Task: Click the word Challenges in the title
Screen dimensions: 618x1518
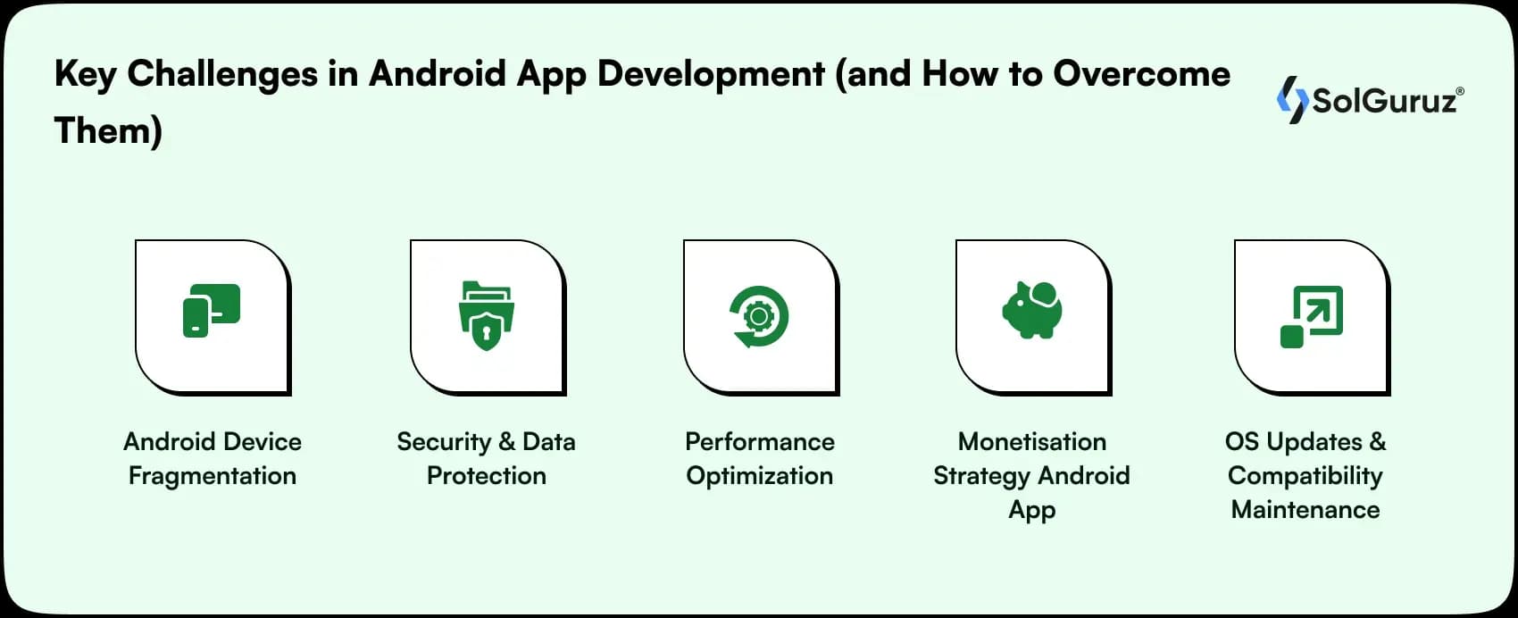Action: click(x=221, y=74)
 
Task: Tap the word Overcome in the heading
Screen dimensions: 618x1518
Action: click(x=1140, y=74)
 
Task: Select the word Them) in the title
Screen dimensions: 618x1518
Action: click(x=108, y=131)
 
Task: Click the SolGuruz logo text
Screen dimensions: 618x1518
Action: click(x=1384, y=101)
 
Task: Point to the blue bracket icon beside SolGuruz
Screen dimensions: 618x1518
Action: click(x=1291, y=99)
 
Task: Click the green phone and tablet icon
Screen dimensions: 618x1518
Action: click(x=212, y=311)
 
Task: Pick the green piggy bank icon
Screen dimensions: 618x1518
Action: click(x=1032, y=310)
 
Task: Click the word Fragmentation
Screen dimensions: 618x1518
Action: click(x=213, y=476)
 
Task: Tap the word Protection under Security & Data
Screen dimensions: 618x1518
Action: click(x=486, y=476)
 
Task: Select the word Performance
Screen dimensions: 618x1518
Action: click(x=759, y=442)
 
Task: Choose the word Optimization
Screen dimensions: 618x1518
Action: click(x=759, y=476)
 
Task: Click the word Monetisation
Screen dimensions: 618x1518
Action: click(x=1031, y=442)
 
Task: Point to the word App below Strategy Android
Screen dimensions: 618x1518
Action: click(x=1031, y=511)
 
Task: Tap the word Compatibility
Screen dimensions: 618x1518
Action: click(x=1305, y=476)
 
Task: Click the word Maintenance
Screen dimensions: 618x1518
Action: click(x=1305, y=510)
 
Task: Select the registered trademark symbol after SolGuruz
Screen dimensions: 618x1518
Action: click(x=1460, y=91)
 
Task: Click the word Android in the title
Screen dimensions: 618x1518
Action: click(x=438, y=74)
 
